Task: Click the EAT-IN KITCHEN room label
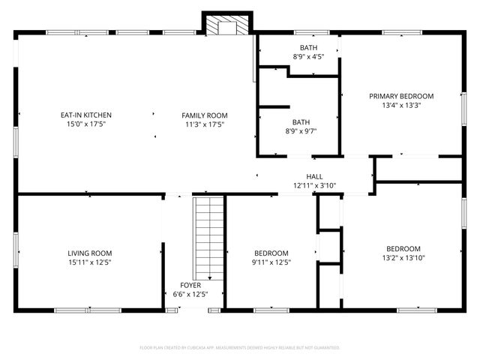pos(86,115)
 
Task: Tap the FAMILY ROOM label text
pos(204,115)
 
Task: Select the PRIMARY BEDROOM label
pos(401,96)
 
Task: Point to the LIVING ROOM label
pos(89,253)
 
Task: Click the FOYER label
pos(190,285)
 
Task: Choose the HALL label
pos(314,176)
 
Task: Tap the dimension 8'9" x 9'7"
pos(300,131)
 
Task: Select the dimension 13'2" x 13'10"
pos(403,258)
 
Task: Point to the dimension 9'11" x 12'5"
pos(271,262)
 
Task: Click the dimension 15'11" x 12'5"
pos(89,262)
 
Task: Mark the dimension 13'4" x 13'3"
pos(401,106)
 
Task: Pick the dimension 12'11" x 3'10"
pos(314,185)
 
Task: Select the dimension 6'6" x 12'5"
pos(190,294)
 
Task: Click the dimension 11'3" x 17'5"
pos(204,124)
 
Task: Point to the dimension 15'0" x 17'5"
pos(86,124)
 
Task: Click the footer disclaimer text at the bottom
pos(240,348)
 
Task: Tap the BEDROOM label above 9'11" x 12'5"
pos(271,253)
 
